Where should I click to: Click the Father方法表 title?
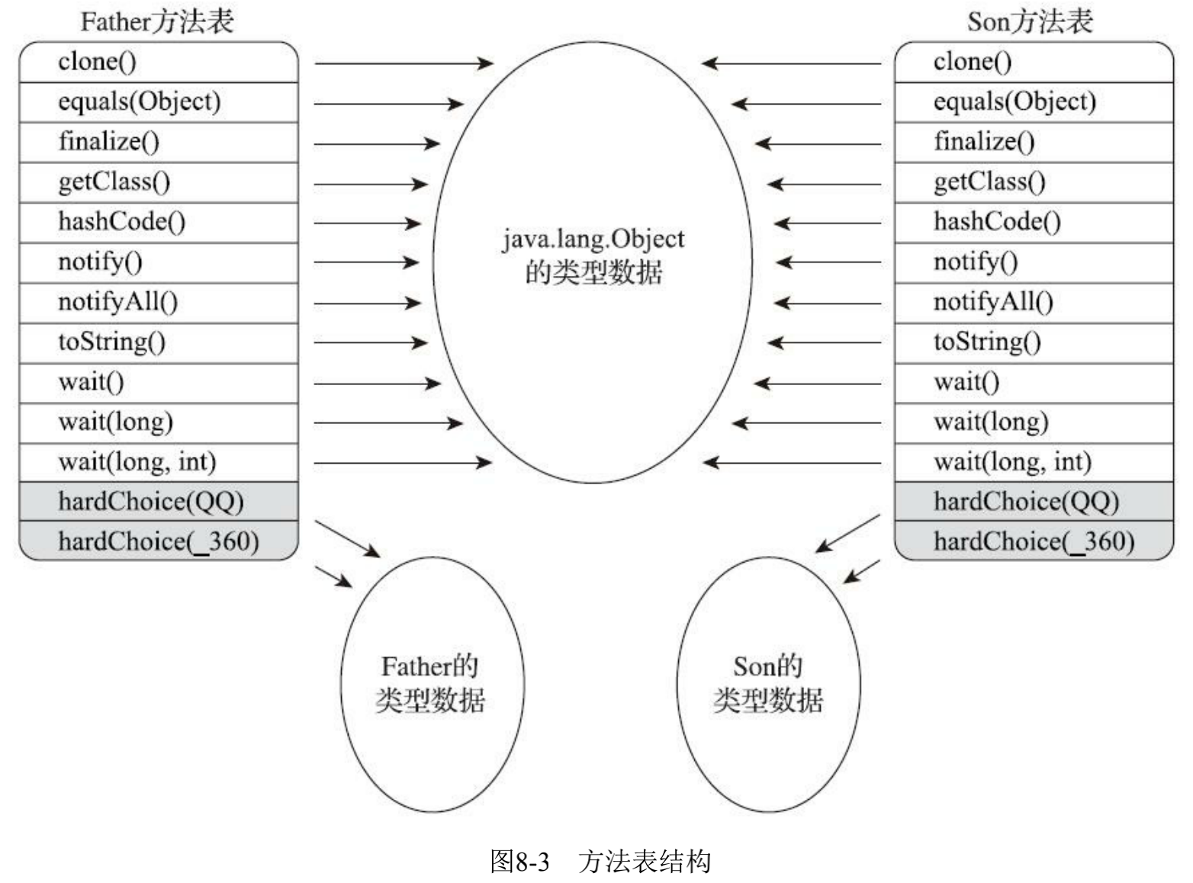coord(156,21)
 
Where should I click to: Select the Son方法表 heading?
coord(1030,21)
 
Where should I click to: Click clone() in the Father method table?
coord(97,62)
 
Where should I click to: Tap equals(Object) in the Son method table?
coord(1014,101)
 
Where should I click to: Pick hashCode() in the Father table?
coord(121,222)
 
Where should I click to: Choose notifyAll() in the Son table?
coord(992,302)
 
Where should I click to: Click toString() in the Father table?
coord(111,342)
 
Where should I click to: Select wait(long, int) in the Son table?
coord(1012,461)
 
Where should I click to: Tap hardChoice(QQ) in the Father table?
coord(150,502)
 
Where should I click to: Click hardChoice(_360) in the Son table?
coord(1034,541)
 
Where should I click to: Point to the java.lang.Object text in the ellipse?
coord(593,239)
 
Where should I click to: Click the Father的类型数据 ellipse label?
coord(430,683)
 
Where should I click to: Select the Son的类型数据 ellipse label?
coord(767,683)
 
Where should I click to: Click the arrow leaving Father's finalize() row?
coord(376,143)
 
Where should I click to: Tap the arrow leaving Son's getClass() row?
coord(824,184)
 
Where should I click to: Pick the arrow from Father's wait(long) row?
coord(387,422)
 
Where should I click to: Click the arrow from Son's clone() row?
coord(791,63)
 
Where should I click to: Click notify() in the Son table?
coord(975,262)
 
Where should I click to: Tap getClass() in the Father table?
coord(114,181)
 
